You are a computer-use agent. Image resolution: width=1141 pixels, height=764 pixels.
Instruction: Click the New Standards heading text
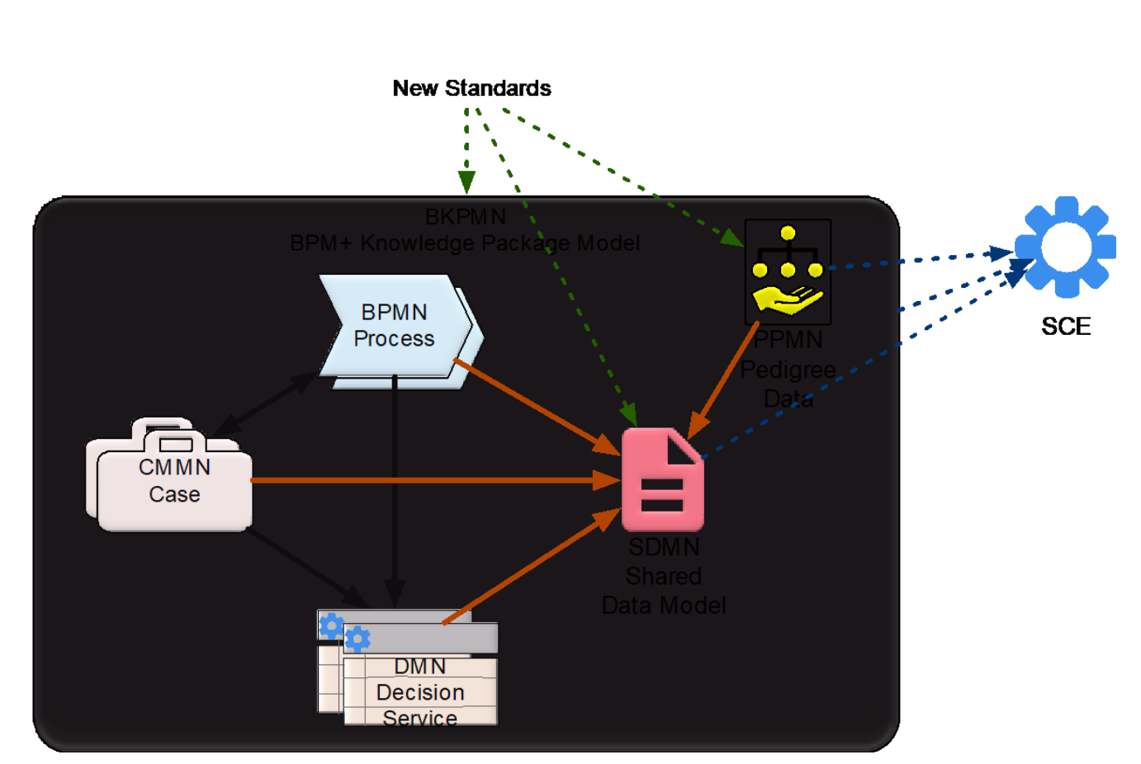(471, 88)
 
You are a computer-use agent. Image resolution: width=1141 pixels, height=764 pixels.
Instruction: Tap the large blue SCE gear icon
(1066, 247)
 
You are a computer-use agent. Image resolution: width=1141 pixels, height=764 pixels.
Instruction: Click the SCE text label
(1066, 327)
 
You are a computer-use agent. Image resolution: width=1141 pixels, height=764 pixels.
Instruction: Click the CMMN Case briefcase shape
(173, 481)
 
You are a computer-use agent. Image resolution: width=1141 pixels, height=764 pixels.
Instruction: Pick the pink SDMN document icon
(662, 480)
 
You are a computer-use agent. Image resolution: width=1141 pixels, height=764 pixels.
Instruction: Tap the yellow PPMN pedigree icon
(788, 271)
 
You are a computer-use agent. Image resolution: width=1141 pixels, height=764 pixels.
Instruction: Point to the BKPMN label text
(466, 217)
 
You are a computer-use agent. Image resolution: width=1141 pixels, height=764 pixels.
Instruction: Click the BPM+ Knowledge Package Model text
(465, 243)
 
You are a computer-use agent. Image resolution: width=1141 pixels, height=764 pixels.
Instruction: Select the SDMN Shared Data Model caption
(664, 577)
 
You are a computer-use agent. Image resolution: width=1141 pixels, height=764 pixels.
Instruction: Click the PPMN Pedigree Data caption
(788, 369)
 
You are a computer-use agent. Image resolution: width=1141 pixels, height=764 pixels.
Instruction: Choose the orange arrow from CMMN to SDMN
(429, 479)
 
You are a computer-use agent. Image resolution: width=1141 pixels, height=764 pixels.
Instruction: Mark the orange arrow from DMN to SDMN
(528, 569)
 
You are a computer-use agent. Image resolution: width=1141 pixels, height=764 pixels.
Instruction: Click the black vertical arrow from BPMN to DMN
(395, 487)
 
